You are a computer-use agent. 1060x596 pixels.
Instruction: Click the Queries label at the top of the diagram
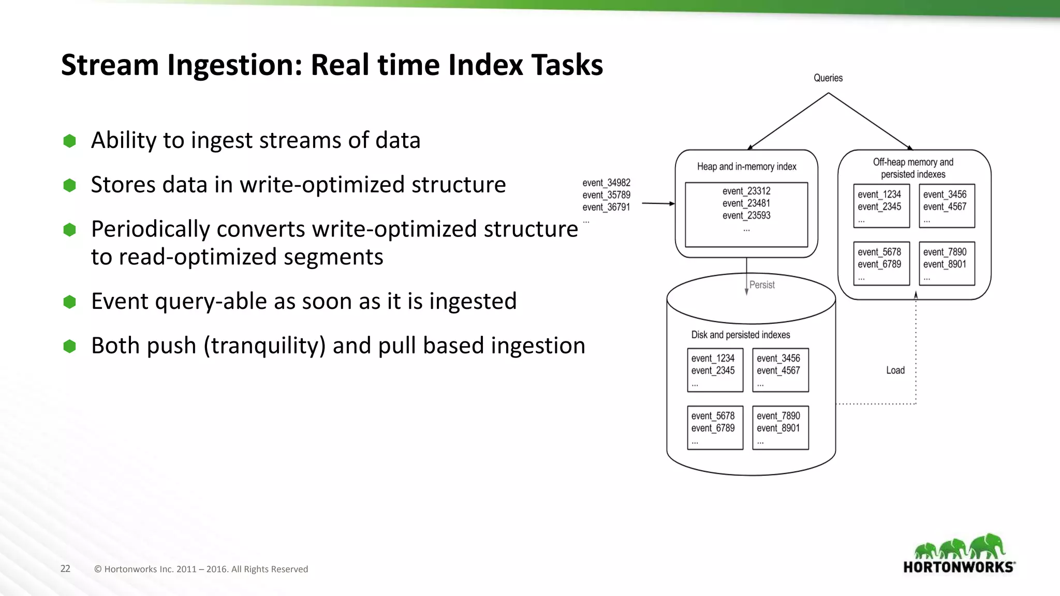(x=828, y=78)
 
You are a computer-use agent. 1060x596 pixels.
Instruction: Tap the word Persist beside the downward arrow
(x=762, y=285)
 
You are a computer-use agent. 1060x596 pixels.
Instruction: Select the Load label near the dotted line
(x=895, y=370)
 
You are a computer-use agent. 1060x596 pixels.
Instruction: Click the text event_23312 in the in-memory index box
(x=746, y=191)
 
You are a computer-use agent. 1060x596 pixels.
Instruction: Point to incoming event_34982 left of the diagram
(x=606, y=183)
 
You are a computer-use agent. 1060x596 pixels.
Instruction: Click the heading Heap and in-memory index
(x=746, y=167)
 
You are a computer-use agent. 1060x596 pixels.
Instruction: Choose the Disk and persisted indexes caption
(x=740, y=335)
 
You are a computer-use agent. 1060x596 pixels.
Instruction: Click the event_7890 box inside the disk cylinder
(x=780, y=427)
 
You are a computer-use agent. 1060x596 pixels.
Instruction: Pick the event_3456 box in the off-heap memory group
(x=947, y=206)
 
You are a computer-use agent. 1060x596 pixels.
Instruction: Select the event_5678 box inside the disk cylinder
(x=715, y=427)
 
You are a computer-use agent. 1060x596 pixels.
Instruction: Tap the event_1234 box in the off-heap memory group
(x=881, y=206)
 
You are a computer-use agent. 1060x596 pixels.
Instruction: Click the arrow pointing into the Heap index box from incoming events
(x=658, y=203)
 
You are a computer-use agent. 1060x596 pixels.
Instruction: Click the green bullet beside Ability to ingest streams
(x=69, y=141)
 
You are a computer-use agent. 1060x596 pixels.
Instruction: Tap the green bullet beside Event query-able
(x=69, y=302)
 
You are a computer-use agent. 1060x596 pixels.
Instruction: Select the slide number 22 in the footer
(x=65, y=569)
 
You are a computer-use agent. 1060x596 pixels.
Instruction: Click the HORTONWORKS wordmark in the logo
(x=958, y=567)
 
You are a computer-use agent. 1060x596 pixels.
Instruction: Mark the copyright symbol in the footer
(x=98, y=569)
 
